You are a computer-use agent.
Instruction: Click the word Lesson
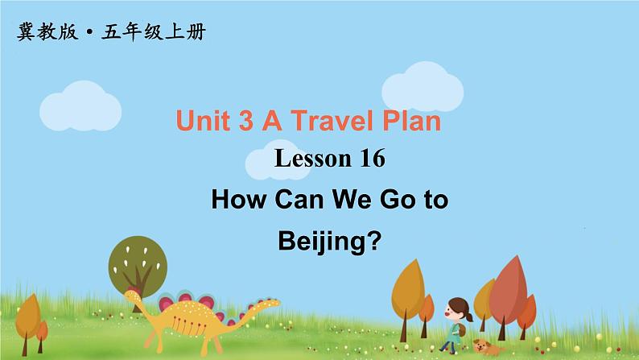[x=308, y=160]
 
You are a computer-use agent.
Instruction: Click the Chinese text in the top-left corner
[x=110, y=33]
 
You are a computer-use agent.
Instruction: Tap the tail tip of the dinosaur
[x=277, y=304]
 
